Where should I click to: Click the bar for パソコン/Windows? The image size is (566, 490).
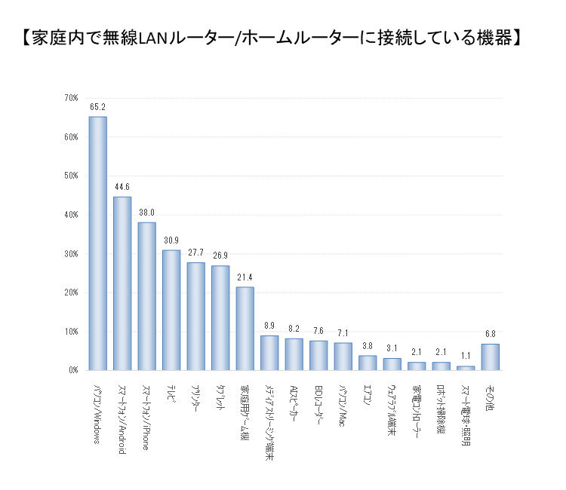tap(98, 243)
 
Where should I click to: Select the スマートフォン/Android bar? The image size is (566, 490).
tap(122, 283)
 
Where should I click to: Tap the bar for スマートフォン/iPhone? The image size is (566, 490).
tap(146, 296)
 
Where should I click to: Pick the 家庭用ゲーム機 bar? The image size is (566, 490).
tap(245, 329)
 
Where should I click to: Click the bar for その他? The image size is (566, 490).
tap(490, 357)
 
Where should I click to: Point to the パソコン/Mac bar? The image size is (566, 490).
tap(343, 357)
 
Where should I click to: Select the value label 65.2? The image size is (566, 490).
tap(98, 106)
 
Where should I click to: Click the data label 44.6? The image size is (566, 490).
tap(122, 186)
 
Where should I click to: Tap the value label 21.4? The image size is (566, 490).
tap(245, 277)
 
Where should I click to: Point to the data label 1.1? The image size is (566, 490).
tap(466, 356)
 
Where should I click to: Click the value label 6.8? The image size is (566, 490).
tap(490, 334)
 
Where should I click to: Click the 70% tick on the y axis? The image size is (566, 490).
tap(71, 98)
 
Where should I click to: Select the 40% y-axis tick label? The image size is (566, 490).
tap(71, 215)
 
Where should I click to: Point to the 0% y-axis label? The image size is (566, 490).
tap(73, 370)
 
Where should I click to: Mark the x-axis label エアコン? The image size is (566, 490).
tap(368, 397)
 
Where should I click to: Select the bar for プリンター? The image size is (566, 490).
tap(195, 316)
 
